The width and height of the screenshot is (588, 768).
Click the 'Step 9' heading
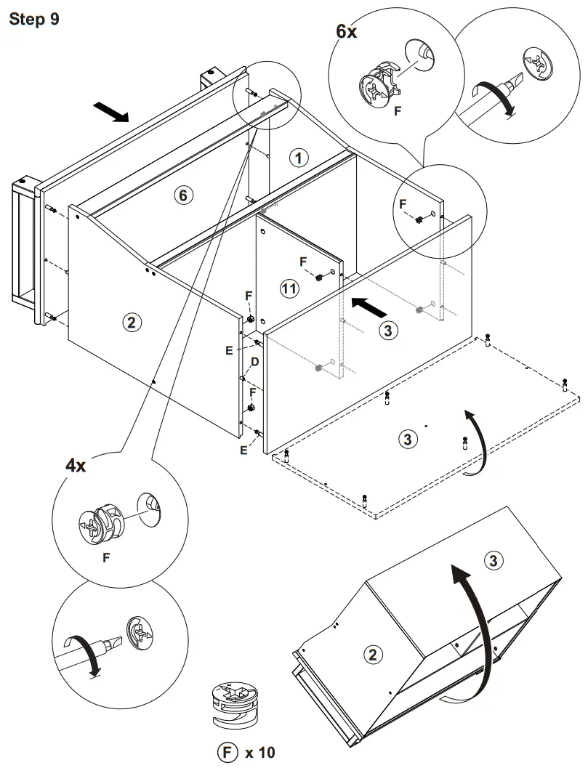click(x=33, y=19)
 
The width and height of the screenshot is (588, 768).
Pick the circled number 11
click(x=289, y=289)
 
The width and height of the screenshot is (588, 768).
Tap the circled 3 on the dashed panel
click(x=407, y=437)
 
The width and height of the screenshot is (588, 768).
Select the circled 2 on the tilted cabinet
click(x=372, y=654)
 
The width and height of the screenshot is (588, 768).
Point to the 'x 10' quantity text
click(x=261, y=752)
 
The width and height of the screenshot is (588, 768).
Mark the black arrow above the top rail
click(x=111, y=111)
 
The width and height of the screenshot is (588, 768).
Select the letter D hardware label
click(x=255, y=362)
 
